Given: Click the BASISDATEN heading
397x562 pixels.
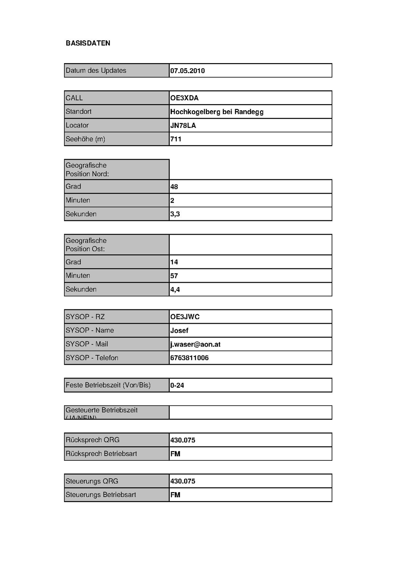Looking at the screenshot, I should coord(88,43).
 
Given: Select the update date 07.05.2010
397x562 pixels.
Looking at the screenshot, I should coord(187,71).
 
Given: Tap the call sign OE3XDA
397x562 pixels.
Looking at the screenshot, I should coord(184,98).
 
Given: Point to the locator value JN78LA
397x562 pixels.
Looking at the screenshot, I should coord(183,126).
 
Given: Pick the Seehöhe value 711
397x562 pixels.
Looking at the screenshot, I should coord(176,139).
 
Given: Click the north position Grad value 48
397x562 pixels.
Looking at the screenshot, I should coord(174,187).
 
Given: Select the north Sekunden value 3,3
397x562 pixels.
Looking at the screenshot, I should coord(175,214).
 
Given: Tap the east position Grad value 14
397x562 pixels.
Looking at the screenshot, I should coord(174,262).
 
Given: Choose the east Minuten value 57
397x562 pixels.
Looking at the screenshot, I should coord(174,276).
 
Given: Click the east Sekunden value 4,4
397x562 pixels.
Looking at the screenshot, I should coord(175,290).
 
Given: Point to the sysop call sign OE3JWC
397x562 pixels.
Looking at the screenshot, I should coord(185,317).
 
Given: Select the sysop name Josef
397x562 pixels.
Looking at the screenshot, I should coord(179,331).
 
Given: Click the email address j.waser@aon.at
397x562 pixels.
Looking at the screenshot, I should coord(195,344).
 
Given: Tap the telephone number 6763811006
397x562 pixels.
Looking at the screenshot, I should coord(189,358).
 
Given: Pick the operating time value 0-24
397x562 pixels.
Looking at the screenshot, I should coord(177,385).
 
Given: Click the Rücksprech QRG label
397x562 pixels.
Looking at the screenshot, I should coord(92,440).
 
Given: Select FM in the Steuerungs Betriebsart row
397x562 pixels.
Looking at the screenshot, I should coord(175,495).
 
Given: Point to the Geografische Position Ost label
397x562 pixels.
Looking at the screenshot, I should coord(86,245).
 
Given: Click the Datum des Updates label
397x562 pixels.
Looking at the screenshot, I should coord(96,71).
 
